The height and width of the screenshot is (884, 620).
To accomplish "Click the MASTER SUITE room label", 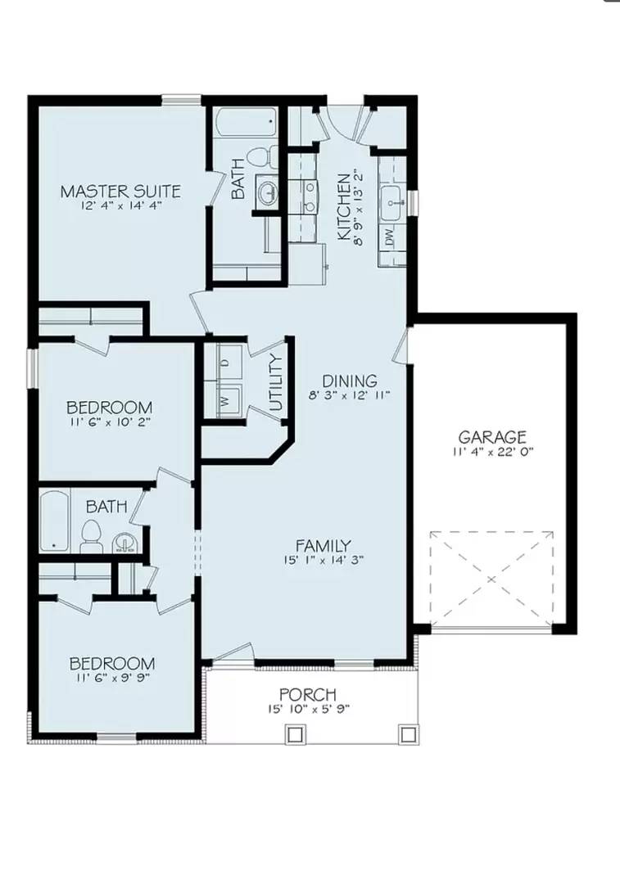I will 120,192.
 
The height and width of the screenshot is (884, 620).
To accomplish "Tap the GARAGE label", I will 491,437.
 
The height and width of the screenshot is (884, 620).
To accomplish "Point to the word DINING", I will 350,381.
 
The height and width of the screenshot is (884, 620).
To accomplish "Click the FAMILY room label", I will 324,546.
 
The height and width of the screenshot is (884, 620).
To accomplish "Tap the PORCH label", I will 307,696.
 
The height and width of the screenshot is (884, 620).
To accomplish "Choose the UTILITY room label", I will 276,383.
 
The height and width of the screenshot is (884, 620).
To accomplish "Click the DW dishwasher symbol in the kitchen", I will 390,238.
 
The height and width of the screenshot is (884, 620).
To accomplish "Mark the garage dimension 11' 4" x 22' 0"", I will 491,452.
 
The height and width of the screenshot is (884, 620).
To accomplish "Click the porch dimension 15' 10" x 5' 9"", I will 307,710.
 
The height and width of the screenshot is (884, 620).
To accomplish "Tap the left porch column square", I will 295,733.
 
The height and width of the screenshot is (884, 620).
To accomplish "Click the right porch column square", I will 407,733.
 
